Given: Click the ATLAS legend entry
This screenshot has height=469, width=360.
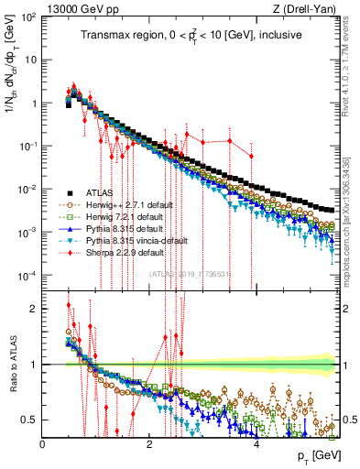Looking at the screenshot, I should tap(100, 192).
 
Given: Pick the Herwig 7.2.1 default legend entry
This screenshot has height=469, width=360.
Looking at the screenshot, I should tap(123, 216).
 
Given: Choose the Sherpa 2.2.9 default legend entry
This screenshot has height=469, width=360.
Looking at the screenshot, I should tap(124, 252).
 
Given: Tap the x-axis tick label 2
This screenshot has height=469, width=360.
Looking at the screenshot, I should tap(149, 443).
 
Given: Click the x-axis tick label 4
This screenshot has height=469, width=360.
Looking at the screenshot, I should tap(256, 443).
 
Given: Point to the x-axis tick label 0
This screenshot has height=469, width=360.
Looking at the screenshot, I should tap(43, 443).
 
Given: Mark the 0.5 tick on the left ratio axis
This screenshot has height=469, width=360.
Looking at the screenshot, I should tap(32, 420).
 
